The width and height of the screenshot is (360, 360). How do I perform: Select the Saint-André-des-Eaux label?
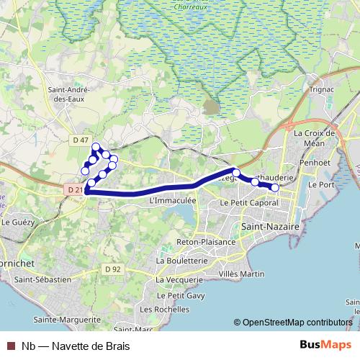(x=68, y=94)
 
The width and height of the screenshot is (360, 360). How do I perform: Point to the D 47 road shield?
(x=81, y=139)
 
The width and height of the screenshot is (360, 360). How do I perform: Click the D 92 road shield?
(x=112, y=269)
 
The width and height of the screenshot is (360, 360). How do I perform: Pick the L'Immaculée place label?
(x=171, y=202)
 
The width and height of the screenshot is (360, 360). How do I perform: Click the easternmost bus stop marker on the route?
(x=274, y=187)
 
